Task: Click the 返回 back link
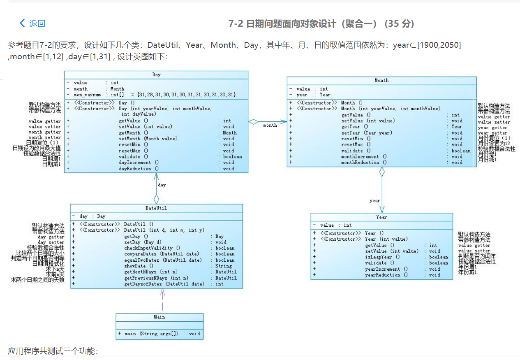coord(33,23)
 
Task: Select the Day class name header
coord(156,75)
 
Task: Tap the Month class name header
coord(381,81)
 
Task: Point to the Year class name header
coord(381,217)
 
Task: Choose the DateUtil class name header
coord(156,208)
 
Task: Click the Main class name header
coord(159,317)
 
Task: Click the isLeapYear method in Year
coord(379,257)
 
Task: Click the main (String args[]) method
coord(152,333)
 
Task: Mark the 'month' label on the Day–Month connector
coord(270,125)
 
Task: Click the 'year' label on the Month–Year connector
coord(374,200)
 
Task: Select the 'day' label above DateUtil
coord(162,185)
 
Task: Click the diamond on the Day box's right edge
coord(253,122)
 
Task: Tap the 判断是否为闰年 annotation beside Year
coord(477,256)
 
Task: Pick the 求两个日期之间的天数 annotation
coord(38,280)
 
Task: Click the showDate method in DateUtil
coord(139,266)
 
